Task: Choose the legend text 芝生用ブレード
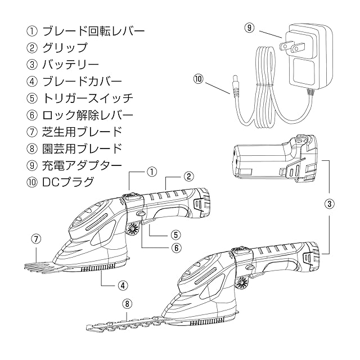tap(82, 133)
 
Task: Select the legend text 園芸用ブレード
tap(82, 150)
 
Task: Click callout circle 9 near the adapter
tap(250, 27)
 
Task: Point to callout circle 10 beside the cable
tap(197, 80)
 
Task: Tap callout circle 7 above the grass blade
tap(35, 238)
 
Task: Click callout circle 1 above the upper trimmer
tap(151, 170)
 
